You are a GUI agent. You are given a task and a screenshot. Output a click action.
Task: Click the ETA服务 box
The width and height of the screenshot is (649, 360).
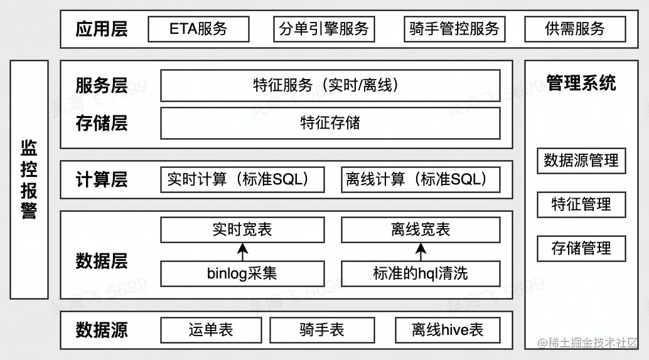(x=198, y=29)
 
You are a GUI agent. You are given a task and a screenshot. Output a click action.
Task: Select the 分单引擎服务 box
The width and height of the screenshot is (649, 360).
(x=324, y=29)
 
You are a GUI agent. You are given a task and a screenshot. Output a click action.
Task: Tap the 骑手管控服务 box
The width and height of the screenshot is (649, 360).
(x=454, y=29)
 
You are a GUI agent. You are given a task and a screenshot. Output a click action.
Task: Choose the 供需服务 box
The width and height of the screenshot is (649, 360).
(x=575, y=29)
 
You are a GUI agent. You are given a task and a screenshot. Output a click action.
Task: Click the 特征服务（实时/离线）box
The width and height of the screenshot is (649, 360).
(x=330, y=85)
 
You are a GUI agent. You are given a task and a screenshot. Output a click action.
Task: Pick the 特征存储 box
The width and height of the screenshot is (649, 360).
(x=330, y=123)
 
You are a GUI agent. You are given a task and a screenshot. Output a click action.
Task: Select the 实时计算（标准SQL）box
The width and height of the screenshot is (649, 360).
(x=242, y=179)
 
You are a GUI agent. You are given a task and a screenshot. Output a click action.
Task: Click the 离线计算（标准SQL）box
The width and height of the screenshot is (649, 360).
(x=421, y=179)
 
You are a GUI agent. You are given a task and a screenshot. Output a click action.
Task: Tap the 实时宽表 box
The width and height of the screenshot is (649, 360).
(x=242, y=230)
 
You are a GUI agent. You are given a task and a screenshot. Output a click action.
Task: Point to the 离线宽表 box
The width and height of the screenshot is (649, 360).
(x=421, y=230)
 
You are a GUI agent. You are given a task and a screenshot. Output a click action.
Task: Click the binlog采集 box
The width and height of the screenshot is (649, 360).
(x=242, y=273)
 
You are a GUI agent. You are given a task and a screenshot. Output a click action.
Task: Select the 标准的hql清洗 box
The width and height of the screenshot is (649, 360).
(x=421, y=273)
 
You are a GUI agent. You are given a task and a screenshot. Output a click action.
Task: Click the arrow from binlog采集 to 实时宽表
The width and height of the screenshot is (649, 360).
(x=242, y=252)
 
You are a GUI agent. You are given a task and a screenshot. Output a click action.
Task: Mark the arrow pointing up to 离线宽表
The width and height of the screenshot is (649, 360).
(x=421, y=252)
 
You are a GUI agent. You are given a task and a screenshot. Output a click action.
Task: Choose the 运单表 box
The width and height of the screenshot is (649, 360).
(x=211, y=330)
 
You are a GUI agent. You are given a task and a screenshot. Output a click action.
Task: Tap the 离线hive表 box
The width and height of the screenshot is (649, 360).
(x=448, y=330)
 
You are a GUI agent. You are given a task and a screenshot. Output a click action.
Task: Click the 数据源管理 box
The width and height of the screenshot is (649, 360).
(x=581, y=161)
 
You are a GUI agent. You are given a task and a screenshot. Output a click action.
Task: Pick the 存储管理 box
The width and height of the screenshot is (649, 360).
(x=581, y=248)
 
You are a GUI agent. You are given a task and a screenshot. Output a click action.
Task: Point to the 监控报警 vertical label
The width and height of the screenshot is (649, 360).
(x=29, y=179)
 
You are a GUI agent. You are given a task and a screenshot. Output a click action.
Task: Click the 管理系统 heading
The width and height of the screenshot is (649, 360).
(x=581, y=83)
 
